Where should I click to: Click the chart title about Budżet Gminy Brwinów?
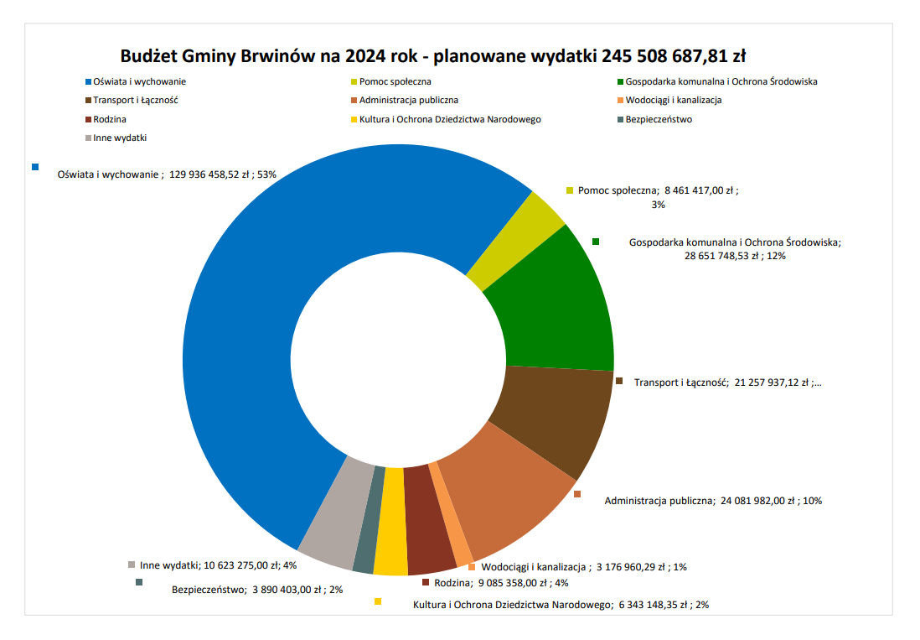432,56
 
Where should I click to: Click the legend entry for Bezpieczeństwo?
659,119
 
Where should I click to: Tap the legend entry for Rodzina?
110,119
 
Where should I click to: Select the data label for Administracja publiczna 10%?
713,501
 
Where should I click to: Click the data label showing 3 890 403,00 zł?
257,590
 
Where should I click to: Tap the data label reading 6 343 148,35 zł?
561,605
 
